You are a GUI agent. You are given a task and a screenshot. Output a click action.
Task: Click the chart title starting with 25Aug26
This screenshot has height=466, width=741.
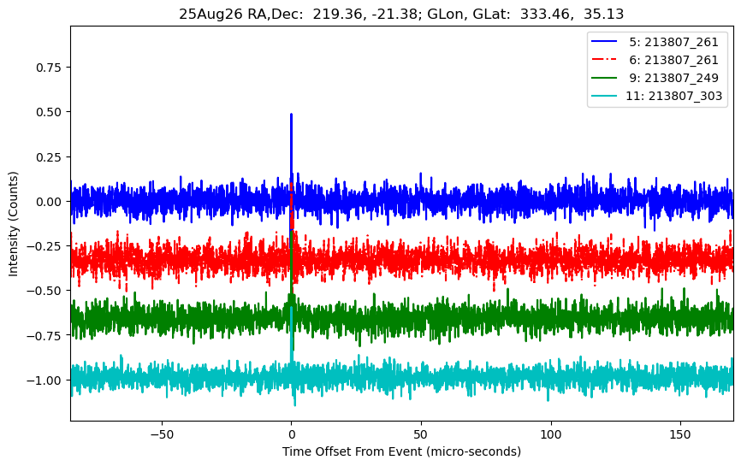tap(400, 13)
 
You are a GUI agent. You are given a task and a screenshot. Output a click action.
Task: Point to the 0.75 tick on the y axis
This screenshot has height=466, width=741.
tap(49, 68)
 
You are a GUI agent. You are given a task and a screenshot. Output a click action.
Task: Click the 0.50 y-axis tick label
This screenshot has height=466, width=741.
tap(49, 112)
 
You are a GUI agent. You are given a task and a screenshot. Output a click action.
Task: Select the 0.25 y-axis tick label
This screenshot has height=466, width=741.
tap(49, 156)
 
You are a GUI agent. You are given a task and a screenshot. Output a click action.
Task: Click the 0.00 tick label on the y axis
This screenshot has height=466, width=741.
tap(49, 201)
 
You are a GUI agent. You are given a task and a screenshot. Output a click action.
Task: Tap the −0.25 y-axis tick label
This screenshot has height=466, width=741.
tap(45, 245)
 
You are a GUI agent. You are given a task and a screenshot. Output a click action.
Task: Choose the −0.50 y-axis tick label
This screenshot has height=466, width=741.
tap(45, 290)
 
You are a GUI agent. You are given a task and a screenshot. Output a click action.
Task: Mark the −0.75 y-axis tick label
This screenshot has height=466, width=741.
tap(45, 335)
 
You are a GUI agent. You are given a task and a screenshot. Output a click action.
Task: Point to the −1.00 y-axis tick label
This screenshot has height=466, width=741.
tap(45, 380)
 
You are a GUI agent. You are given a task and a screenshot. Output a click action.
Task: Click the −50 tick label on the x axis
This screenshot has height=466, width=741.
tap(162, 434)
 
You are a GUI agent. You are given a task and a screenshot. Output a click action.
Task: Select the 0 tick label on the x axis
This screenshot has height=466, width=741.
tap(291, 434)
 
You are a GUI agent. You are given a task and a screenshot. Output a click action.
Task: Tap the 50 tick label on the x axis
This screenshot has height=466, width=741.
tap(421, 434)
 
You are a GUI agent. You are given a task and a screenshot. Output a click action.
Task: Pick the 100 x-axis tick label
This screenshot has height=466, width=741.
tap(551, 434)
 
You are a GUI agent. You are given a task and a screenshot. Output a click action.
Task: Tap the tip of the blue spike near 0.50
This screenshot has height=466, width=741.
tap(291, 114)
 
